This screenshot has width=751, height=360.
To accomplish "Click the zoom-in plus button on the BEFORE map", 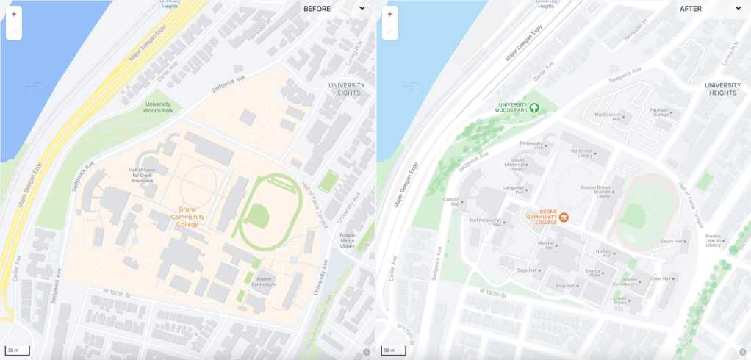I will [x=13, y=13].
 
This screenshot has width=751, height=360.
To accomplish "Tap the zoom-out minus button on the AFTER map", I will [x=389, y=32].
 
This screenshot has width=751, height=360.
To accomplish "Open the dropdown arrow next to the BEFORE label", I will [x=362, y=9].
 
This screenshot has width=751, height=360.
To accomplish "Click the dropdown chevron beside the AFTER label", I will [x=738, y=9].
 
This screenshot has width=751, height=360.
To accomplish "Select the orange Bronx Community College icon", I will [x=564, y=217].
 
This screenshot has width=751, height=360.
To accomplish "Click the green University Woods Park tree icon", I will [x=534, y=107].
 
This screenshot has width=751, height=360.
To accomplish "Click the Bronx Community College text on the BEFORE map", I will [x=187, y=217].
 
